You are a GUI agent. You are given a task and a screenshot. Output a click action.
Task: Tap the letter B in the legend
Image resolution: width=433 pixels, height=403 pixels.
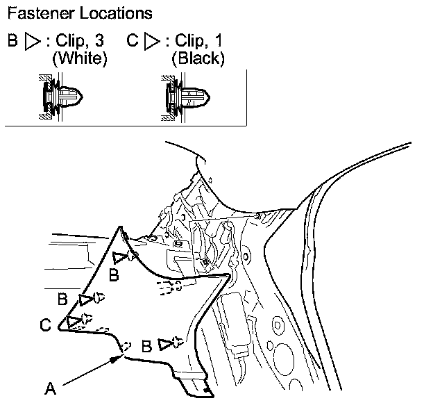(12, 41)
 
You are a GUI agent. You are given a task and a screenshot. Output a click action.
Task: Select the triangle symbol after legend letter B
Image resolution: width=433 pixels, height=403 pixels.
(31, 42)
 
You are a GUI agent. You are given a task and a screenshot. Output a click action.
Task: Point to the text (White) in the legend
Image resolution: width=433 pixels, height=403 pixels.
(80, 59)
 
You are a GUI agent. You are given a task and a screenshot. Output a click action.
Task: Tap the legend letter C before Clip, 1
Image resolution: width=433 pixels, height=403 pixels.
(133, 41)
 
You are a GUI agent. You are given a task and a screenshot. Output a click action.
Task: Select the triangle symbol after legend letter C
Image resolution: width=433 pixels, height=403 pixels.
(151, 42)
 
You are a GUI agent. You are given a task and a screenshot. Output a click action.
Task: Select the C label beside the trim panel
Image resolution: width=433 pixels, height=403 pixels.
(45, 324)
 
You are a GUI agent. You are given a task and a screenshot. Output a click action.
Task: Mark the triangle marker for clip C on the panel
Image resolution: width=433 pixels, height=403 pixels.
(72, 320)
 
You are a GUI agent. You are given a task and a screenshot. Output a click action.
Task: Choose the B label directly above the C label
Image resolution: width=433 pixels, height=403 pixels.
(62, 300)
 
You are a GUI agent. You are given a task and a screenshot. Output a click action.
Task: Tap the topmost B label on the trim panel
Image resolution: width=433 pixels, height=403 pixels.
(114, 276)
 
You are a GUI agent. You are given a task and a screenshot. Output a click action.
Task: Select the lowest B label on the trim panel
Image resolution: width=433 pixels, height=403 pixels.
(147, 345)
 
